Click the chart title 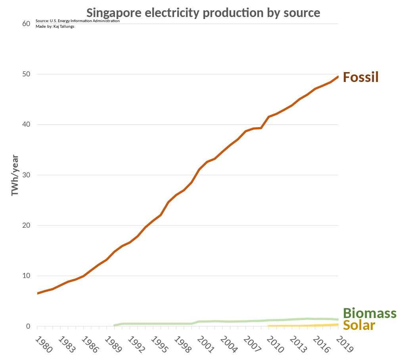(203, 13)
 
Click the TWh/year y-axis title (15, 175)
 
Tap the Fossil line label (360, 77)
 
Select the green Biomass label (370, 313)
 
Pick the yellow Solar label (359, 325)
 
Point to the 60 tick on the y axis (27, 24)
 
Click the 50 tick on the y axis (27, 74)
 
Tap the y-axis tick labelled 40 (27, 124)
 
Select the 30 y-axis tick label (27, 175)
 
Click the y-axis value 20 (27, 225)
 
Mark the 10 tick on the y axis (27, 276)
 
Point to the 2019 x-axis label (344, 345)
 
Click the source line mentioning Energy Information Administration (77, 21)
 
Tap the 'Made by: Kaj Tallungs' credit (55, 27)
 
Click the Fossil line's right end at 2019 (338, 77)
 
